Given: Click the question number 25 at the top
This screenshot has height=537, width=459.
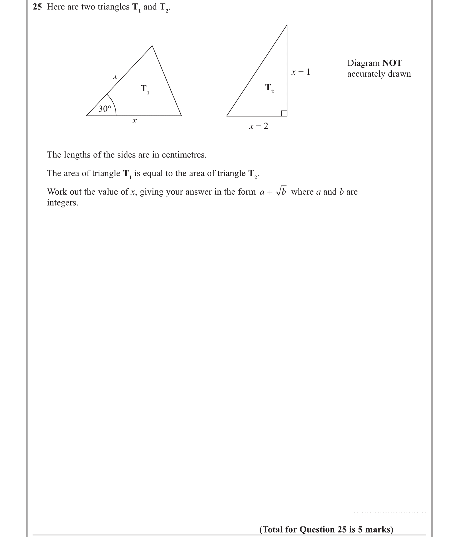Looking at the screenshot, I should pos(37,7).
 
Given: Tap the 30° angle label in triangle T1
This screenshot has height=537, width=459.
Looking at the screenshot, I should pos(105,109).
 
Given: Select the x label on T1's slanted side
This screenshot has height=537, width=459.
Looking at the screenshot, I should pos(115,76).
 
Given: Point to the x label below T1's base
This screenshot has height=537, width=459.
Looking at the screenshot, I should pos(134,121).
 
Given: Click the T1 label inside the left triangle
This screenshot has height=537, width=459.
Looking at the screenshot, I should pos(145,89).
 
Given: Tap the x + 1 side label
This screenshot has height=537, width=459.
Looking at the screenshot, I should pos(301,72).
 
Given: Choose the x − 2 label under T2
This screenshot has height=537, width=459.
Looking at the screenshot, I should pos(259,126).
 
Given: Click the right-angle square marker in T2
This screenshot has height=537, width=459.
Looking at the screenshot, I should pos(284,113).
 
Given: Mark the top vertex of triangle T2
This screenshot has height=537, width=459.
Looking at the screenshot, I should pos(287,25).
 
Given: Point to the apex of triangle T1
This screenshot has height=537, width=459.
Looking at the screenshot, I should pos(152,46).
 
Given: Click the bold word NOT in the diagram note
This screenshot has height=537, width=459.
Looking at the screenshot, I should pos(392,63).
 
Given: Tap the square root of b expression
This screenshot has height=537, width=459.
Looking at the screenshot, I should pos(281,192).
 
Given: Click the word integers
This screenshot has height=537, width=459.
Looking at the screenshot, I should pos(62,203).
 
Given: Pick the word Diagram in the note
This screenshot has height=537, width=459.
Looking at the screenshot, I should pos(363,63).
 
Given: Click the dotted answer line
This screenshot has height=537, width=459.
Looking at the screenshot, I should pos(389,512).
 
